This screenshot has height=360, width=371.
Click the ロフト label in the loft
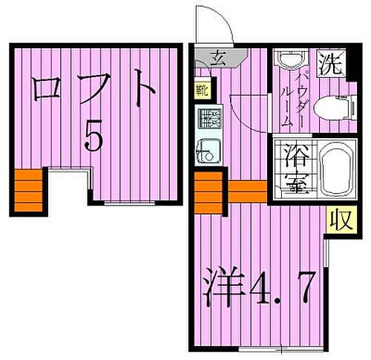click(x=94, y=91)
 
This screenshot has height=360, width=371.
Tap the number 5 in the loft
click(x=93, y=136)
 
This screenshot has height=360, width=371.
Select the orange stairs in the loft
click(x=27, y=190)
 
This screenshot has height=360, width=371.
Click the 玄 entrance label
click(x=218, y=57)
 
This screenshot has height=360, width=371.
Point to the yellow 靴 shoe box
click(x=202, y=90)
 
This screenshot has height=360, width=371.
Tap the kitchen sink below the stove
click(x=207, y=151)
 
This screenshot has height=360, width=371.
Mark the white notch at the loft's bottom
click(x=69, y=186)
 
